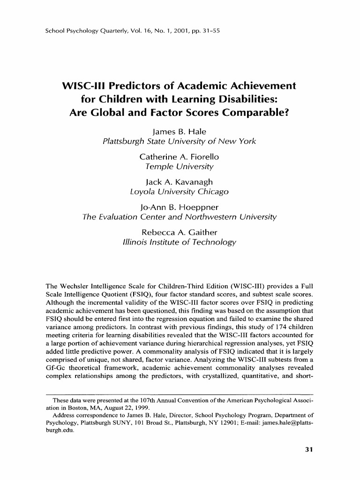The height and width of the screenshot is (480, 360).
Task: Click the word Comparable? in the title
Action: [x=249, y=112]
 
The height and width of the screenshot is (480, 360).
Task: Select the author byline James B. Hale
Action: [x=180, y=132]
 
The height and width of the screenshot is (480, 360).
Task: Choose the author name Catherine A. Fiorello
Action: [x=180, y=157]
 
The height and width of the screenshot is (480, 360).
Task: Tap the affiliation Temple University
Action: [x=180, y=166]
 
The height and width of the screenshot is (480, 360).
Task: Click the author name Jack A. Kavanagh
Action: [x=180, y=181]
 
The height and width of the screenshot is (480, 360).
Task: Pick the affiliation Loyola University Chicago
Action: [x=180, y=191]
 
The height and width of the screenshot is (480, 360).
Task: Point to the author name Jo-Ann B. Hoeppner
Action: [x=180, y=207]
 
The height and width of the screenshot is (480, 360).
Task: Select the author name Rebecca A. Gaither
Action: [x=180, y=232]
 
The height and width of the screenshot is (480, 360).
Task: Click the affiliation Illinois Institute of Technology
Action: [x=180, y=242]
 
